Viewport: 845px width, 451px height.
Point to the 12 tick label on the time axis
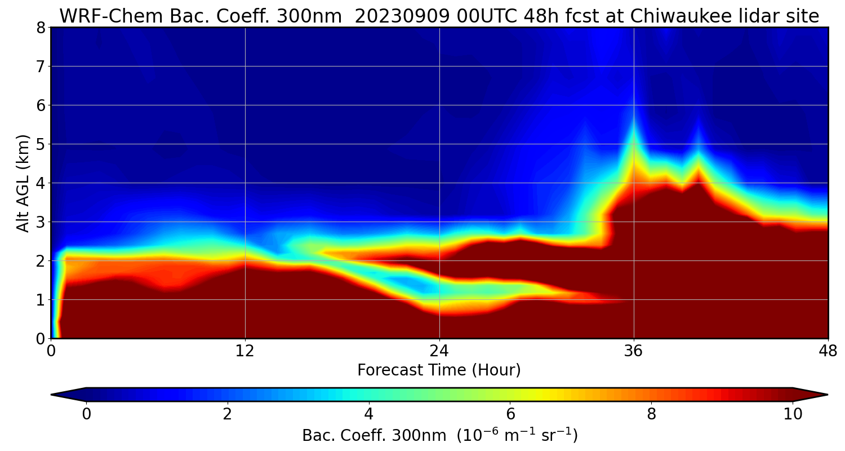[x=245, y=351]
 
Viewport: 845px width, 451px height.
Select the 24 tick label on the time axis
[x=439, y=351]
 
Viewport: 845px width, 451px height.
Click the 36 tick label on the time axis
[x=634, y=351]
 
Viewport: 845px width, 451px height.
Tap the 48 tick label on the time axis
[x=828, y=351]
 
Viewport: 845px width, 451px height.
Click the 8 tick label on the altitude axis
[x=41, y=28]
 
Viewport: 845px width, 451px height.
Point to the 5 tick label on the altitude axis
[x=41, y=144]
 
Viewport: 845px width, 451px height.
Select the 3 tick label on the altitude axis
[x=41, y=222]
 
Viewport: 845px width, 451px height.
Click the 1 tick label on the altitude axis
[x=41, y=300]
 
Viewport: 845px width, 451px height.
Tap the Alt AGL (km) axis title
[x=23, y=183]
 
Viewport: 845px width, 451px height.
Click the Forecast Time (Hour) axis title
[x=439, y=370]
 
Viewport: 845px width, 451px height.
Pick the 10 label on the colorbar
[x=793, y=414]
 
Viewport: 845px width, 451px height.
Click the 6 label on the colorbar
[x=510, y=414]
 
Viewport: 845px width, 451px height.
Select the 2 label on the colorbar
[x=228, y=414]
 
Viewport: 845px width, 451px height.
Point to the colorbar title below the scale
[x=439, y=436]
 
